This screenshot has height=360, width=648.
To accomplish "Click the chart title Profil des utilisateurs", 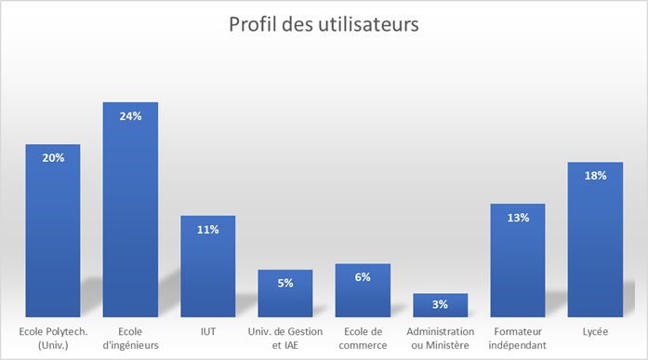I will point(324,24).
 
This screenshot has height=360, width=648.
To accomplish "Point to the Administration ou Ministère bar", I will point(440,307).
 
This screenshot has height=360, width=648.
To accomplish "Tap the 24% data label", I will point(130,115).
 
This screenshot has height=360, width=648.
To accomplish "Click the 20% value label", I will point(53,158).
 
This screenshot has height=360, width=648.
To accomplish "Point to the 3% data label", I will point(440,304).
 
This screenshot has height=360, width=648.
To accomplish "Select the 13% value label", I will point(518,218).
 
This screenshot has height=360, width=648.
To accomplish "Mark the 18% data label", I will point(595,175).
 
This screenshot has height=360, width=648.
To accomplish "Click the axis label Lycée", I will point(595,331).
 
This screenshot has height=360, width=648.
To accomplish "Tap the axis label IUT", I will point(207,331).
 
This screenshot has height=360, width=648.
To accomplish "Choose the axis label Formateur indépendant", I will point(518,338).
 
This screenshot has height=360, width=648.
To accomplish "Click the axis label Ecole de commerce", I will point(363,338).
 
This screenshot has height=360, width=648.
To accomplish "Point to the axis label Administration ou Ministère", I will point(440,338).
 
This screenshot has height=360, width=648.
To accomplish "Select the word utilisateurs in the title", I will point(368,24).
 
